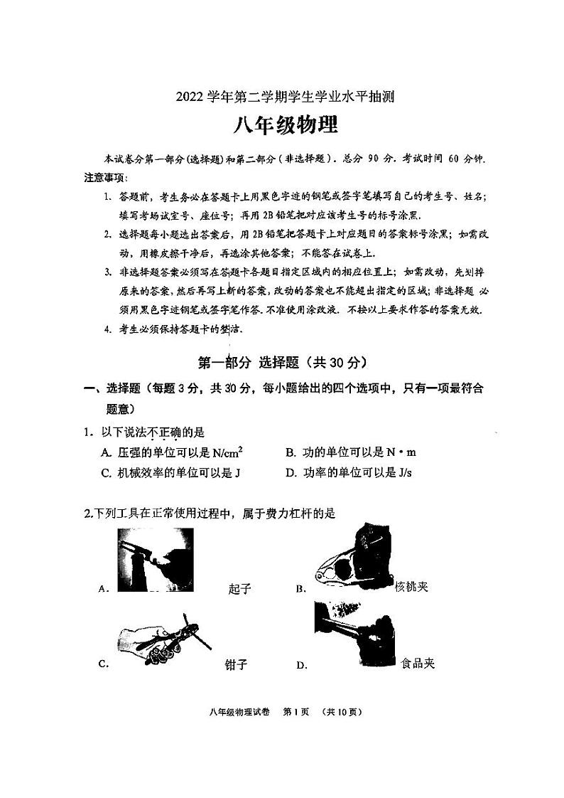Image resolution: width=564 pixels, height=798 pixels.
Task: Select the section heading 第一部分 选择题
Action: [281, 362]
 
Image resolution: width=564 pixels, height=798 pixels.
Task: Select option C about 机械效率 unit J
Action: [170, 473]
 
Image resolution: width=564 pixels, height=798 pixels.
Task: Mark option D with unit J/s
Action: [348, 473]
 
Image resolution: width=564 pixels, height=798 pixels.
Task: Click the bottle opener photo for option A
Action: [155, 560]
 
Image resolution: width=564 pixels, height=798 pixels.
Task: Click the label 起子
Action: [241, 588]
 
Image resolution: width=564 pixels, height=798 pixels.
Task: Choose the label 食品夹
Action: [417, 664]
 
